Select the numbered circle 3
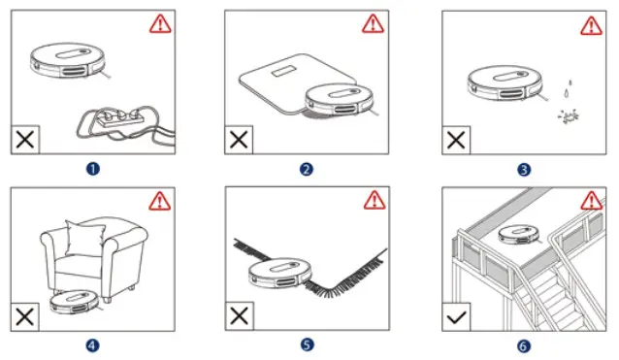pos(524,169)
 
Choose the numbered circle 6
pos(524,344)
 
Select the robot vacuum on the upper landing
pos(520,234)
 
